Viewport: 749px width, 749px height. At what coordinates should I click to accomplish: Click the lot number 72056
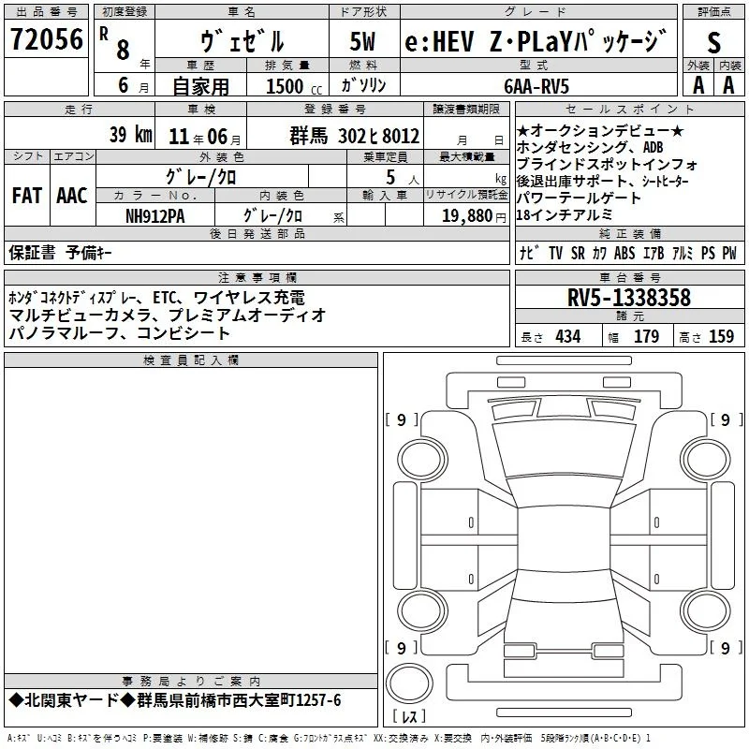(x=47, y=38)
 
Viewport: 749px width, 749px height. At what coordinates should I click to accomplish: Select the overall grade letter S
(x=713, y=42)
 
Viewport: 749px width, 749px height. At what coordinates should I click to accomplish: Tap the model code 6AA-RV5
(x=536, y=86)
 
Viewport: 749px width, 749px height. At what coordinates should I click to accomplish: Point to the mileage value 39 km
(x=130, y=134)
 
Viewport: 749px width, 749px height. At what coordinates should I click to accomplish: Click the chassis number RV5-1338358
(x=629, y=297)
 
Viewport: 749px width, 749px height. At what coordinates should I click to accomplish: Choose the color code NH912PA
(x=154, y=216)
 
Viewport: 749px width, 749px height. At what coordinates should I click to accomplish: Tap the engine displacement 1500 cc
(x=294, y=86)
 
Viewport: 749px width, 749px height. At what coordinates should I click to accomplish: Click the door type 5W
(x=362, y=41)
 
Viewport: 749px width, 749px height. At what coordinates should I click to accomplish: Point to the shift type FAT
(x=27, y=196)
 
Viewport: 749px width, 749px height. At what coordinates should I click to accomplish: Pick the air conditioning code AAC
(x=72, y=196)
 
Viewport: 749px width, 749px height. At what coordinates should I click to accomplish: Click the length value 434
(x=568, y=336)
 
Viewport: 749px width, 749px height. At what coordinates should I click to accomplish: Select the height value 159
(x=721, y=336)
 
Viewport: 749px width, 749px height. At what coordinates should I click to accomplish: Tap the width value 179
(x=646, y=336)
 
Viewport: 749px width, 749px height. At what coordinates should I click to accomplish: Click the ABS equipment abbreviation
(x=624, y=253)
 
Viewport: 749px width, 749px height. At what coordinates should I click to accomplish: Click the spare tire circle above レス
(x=409, y=683)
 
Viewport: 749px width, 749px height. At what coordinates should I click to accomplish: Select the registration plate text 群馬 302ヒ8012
(x=355, y=136)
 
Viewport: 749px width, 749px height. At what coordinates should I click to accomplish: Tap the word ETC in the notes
(x=165, y=298)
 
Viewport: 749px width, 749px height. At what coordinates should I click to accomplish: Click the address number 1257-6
(x=318, y=700)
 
